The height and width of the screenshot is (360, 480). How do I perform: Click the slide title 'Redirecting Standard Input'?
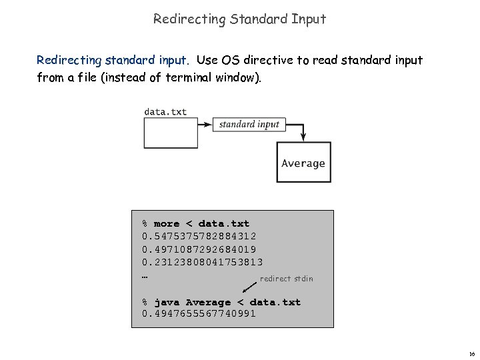click(x=239, y=19)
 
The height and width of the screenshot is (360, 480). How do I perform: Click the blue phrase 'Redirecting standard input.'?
click(x=113, y=60)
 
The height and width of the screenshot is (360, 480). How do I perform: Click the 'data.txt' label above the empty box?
click(x=165, y=111)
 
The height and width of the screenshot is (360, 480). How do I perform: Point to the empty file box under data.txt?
click(x=171, y=134)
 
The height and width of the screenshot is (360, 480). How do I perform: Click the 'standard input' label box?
click(x=249, y=124)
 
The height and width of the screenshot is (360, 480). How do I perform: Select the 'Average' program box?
click(x=303, y=163)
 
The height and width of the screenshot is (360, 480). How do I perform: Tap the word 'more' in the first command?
click(x=167, y=223)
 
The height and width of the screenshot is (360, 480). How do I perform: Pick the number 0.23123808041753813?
click(x=203, y=262)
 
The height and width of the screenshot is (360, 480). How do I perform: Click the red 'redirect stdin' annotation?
click(x=286, y=279)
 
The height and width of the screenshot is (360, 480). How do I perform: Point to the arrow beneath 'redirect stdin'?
click(x=249, y=287)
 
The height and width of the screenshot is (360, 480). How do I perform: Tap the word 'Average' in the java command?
click(x=209, y=302)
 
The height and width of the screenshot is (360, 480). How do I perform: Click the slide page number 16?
click(x=471, y=354)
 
